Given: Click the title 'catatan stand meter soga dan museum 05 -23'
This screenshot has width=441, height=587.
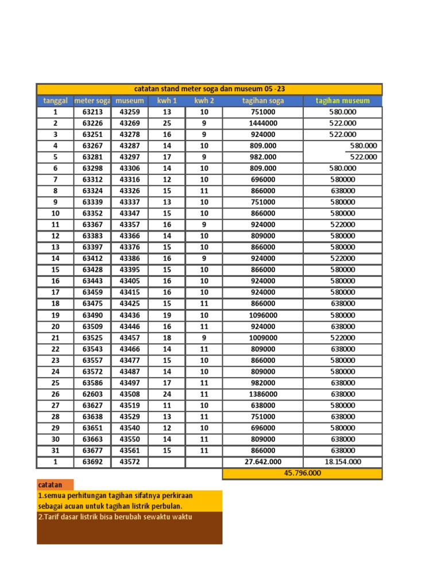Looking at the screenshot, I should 209,89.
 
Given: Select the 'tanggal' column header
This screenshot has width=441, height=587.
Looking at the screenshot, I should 55,101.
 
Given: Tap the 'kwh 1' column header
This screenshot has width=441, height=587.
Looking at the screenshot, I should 167,101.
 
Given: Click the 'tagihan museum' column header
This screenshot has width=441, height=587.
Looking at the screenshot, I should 342,101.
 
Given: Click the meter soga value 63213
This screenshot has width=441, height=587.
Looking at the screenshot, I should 92,112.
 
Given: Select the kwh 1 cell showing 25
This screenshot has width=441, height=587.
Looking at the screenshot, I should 167,123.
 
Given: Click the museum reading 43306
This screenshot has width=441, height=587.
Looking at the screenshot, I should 129,169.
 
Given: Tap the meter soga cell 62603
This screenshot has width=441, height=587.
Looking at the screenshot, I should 92,394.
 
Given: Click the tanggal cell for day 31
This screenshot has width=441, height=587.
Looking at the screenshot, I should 55,451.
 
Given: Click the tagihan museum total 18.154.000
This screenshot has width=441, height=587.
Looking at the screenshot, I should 342,462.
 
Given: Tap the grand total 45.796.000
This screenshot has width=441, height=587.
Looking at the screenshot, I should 302,473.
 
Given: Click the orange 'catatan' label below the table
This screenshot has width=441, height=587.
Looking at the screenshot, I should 51,485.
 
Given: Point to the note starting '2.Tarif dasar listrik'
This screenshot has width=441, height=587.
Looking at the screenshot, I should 114,516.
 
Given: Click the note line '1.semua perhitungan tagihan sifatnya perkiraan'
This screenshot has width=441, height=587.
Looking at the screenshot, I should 115,496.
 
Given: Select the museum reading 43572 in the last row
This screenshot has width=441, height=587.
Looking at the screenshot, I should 129,462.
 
